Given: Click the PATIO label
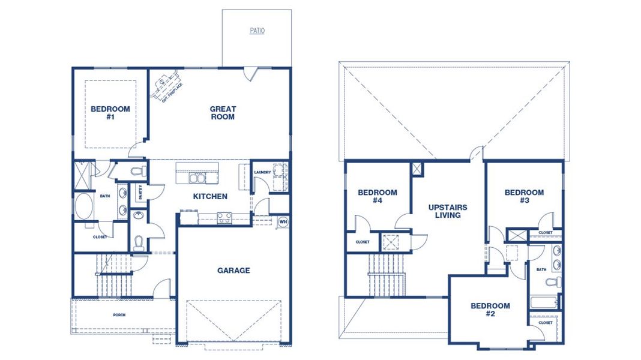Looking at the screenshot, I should point(257,31).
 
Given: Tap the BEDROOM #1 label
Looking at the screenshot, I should point(110,113).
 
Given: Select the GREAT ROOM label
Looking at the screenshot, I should point(223,113).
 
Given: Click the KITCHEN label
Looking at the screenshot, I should point(210,196).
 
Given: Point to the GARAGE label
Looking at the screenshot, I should point(233,271).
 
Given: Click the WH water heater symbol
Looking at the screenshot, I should point(283,222).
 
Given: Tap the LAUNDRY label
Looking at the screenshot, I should point(262,173).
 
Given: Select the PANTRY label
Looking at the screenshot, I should point(140,191).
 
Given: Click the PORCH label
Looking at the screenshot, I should point(119,314).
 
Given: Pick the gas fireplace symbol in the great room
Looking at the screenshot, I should point(169,85).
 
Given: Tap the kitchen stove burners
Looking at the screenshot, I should point(224,218).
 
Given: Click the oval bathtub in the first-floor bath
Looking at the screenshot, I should point(83,206).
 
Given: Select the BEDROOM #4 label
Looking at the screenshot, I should point(378,196).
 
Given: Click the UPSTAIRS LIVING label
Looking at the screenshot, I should point(448,211).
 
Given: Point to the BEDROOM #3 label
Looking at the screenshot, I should point(524,196).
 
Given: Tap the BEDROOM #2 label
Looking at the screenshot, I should point(490,310).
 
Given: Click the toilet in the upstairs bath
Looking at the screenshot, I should point(557,281).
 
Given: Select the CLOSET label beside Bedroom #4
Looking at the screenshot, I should point(363,242).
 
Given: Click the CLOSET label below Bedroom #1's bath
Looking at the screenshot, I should point(100,236).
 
